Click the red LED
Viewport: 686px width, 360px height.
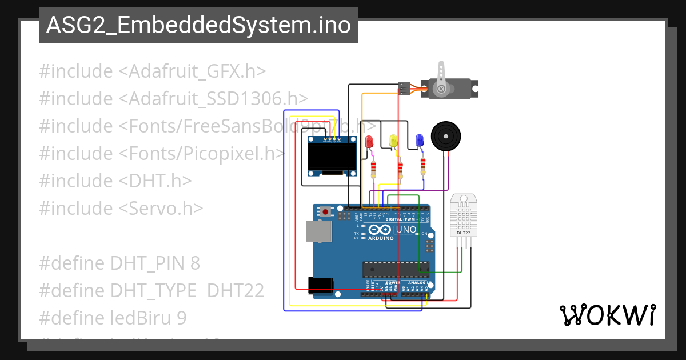[x=369, y=141]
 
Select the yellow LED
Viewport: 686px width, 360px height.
[x=393, y=141]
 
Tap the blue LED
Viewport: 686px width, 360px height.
[x=419, y=140]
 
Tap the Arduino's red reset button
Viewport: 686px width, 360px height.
[x=326, y=212]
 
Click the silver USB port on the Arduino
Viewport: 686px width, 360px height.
[x=317, y=231]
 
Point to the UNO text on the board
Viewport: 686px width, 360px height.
[x=406, y=230]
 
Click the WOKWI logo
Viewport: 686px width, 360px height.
[x=607, y=315]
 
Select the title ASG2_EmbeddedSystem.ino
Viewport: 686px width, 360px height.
[x=198, y=25]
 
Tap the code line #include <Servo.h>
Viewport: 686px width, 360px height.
[x=121, y=208]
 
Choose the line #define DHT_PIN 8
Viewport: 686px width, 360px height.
[x=119, y=263]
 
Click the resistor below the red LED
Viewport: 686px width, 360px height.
[x=374, y=169]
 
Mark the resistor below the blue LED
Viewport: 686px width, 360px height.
[x=423, y=166]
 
